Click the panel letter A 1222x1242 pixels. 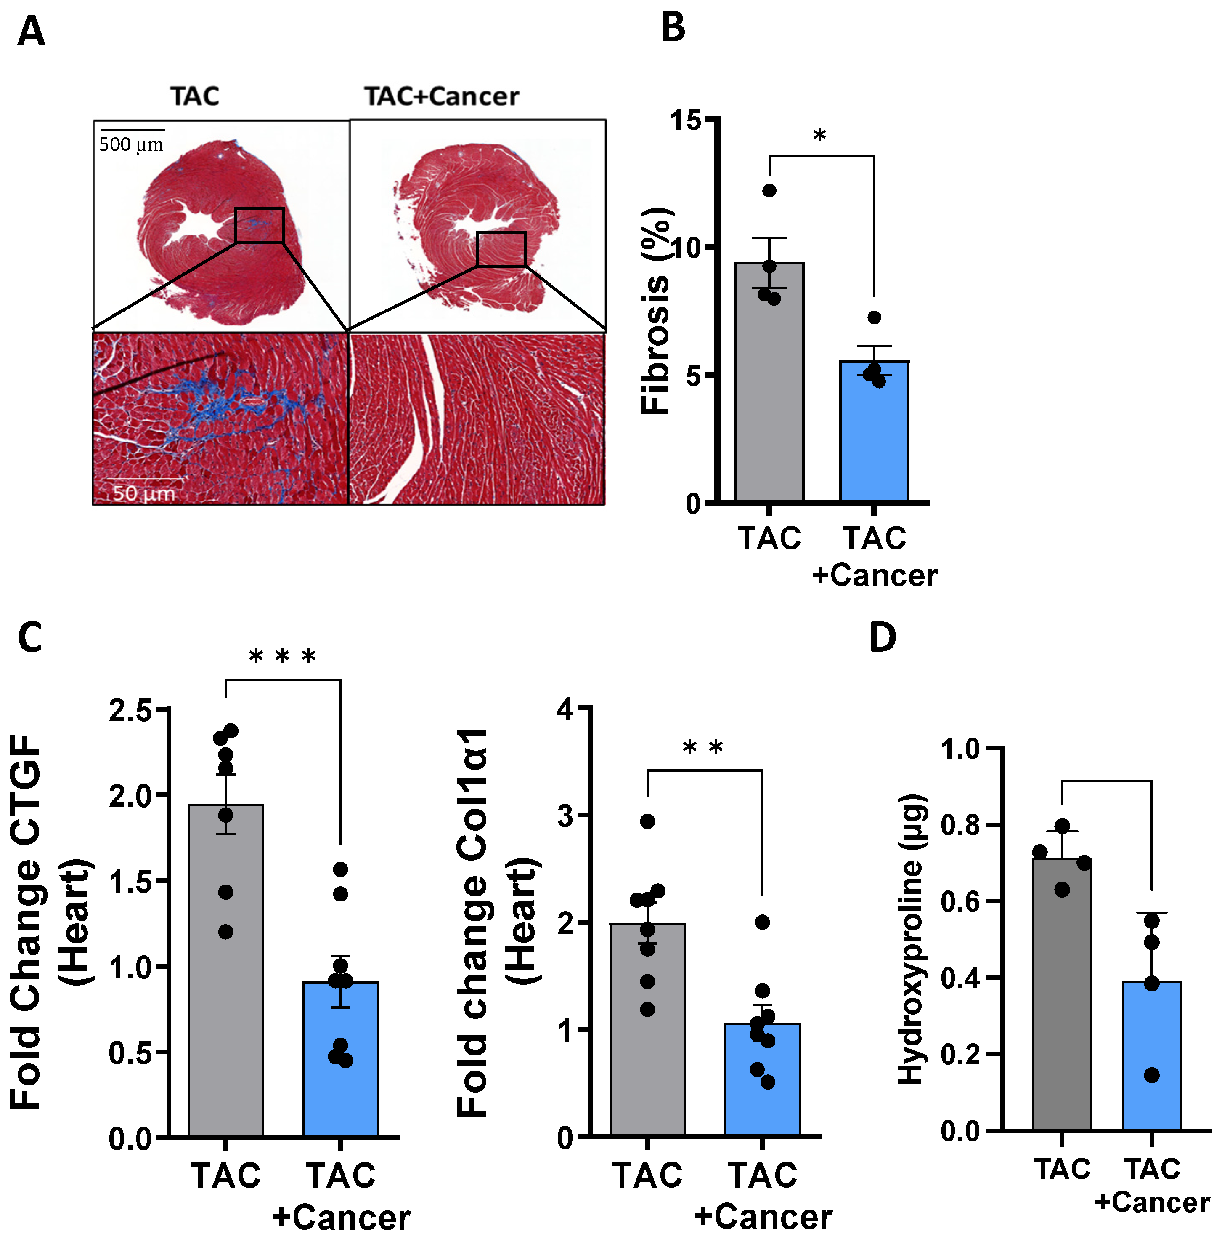click(31, 32)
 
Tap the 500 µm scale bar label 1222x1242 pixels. click(131, 144)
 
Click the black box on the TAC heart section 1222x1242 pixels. click(259, 225)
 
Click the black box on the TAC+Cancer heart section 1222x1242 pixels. click(501, 249)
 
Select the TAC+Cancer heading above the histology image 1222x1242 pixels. click(442, 96)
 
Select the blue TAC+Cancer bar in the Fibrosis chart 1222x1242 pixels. click(874, 437)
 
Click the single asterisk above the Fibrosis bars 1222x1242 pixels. click(819, 136)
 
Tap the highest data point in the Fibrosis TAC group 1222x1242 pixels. click(769, 191)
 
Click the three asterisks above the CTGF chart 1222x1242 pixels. click(282, 657)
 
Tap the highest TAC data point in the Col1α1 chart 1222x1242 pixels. click(647, 821)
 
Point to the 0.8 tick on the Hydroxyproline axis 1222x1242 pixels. click(961, 825)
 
